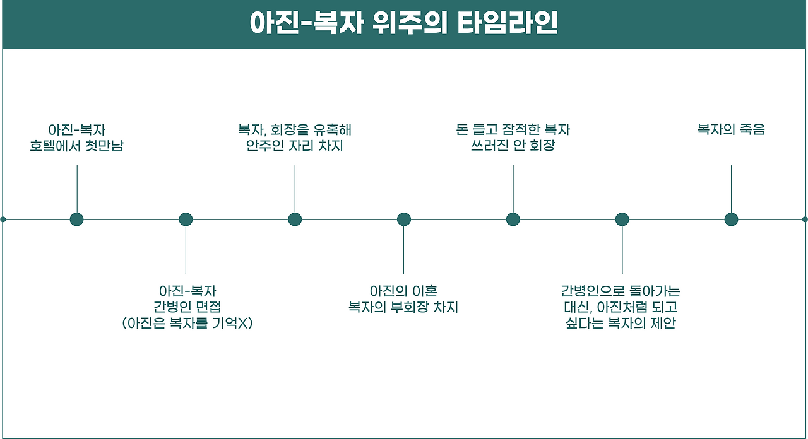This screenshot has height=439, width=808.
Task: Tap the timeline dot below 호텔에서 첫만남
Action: pos(77,220)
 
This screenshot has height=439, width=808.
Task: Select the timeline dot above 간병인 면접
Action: pos(186,220)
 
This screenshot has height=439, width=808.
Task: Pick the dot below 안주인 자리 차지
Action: pos(295,220)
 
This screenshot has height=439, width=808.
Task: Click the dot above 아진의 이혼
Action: pos(404,220)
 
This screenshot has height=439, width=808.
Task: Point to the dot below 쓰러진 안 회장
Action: pos(513,220)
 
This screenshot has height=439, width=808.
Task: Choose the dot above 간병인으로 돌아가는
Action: pos(622,220)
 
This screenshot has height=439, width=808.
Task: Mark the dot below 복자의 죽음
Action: pos(731,220)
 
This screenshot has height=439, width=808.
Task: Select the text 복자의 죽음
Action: pos(731,130)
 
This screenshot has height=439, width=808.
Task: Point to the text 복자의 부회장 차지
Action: pos(403,308)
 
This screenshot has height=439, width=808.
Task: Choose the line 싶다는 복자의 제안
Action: pos(621,324)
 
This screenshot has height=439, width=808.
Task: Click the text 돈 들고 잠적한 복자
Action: pos(513,130)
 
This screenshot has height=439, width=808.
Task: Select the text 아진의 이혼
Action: pos(403,291)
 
